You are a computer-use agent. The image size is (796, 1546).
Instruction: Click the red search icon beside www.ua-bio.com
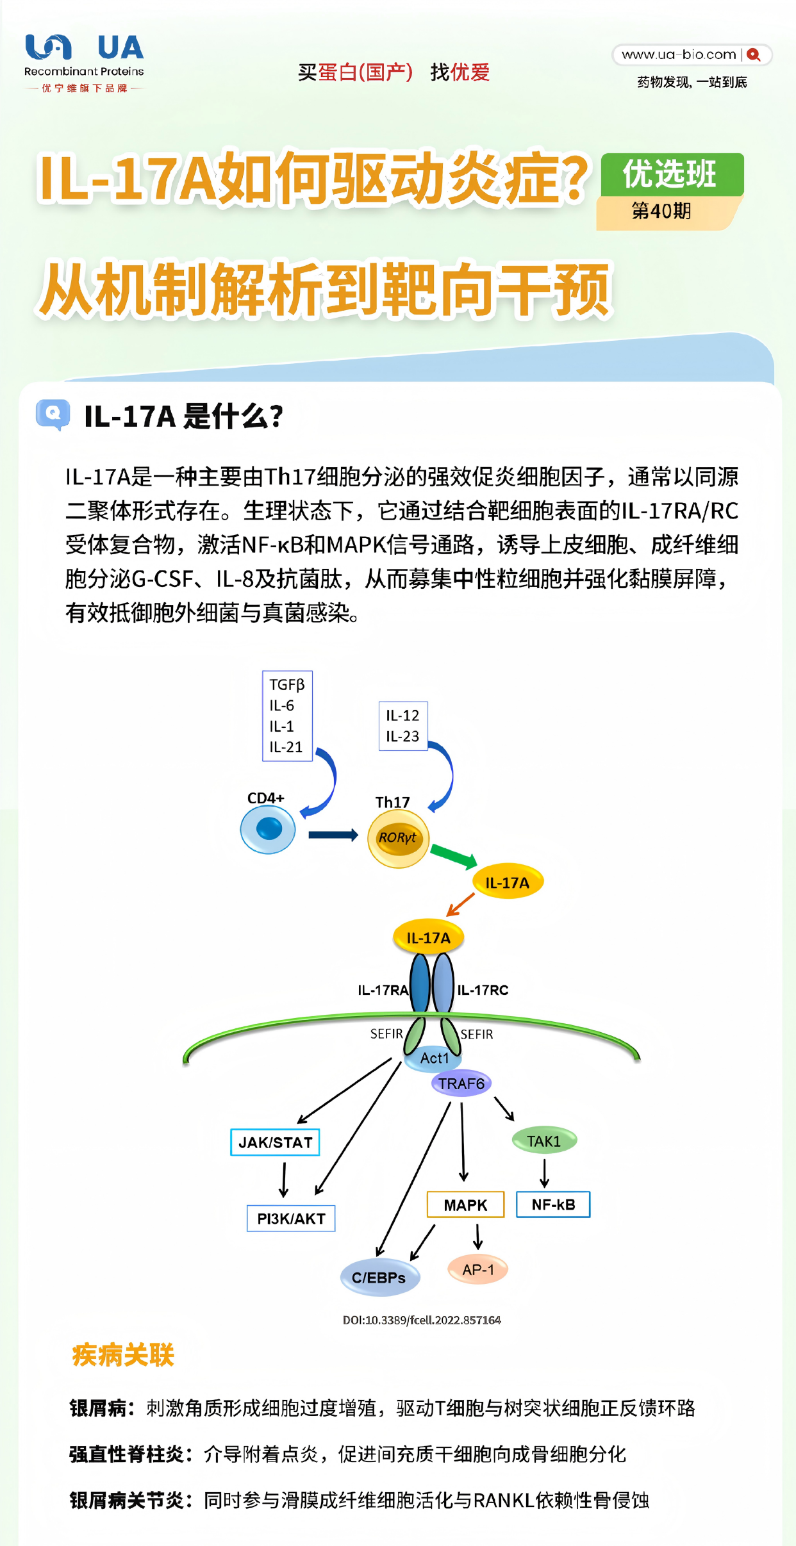click(754, 55)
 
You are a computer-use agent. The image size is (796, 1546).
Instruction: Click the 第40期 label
click(661, 211)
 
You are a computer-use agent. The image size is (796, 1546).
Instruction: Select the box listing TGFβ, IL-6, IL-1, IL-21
click(287, 716)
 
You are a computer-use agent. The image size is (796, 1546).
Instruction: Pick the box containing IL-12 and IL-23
click(402, 726)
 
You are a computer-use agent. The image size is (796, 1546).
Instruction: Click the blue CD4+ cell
click(268, 830)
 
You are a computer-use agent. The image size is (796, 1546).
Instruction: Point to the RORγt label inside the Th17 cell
click(397, 837)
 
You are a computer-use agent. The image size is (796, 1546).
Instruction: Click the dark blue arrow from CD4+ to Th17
click(333, 835)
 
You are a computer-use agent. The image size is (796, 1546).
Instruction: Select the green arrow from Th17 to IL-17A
click(453, 855)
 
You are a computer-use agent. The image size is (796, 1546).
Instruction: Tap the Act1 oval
click(435, 1058)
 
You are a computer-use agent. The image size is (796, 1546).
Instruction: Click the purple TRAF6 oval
click(461, 1083)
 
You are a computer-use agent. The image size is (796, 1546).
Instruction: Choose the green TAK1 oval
click(544, 1141)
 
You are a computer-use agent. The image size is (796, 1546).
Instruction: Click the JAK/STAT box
click(275, 1142)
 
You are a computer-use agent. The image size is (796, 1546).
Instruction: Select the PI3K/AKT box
click(291, 1219)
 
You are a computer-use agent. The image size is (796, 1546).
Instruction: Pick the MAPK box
click(465, 1205)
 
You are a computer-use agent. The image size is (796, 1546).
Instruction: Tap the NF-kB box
click(553, 1205)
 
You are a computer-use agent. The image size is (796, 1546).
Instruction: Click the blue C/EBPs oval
click(379, 1278)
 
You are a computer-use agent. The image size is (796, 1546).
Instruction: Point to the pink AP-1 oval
click(478, 1270)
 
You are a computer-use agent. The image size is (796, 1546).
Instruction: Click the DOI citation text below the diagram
click(422, 1320)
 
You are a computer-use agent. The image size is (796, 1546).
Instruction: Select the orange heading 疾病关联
click(123, 1356)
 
